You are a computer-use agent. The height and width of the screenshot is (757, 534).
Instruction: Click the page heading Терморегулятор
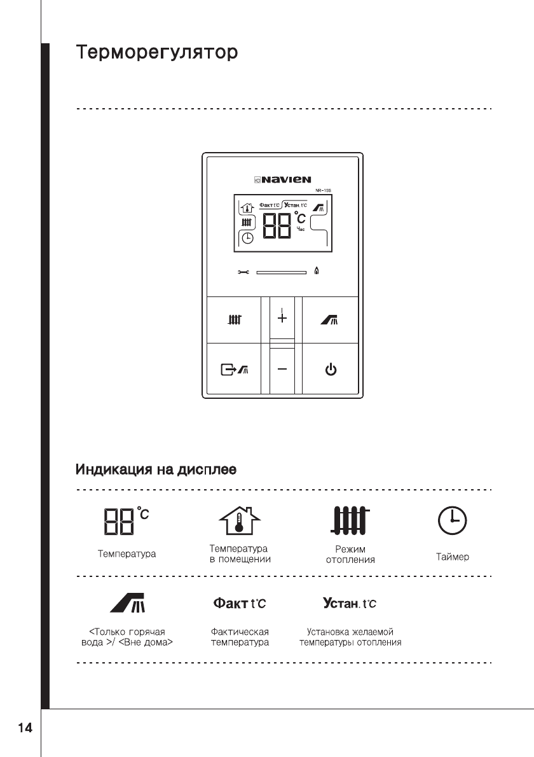[x=157, y=52]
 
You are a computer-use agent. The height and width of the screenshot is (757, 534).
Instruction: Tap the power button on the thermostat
[x=331, y=369]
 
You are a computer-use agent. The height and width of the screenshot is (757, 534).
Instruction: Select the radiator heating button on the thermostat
[x=235, y=320]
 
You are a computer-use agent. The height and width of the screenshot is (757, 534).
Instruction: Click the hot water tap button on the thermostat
[x=331, y=320]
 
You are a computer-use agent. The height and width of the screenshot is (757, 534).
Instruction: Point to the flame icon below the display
[x=317, y=272]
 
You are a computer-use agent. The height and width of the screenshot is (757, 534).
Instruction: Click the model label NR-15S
[x=324, y=191]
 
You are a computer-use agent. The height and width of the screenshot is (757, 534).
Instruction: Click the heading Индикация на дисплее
[x=156, y=471]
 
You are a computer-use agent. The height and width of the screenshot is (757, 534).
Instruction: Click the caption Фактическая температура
[x=240, y=637]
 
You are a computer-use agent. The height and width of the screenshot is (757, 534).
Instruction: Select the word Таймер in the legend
[x=453, y=557]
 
